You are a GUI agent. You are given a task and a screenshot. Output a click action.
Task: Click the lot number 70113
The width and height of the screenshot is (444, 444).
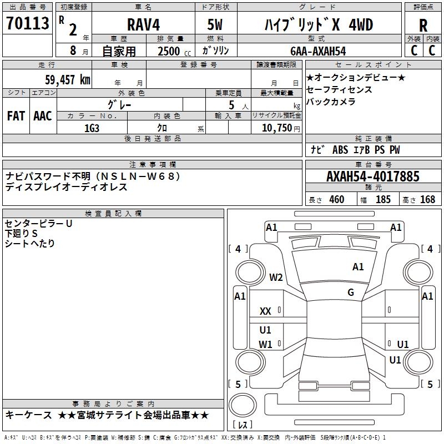tap(28, 23)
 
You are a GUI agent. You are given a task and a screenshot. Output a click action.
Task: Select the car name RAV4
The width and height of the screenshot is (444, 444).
tap(143, 24)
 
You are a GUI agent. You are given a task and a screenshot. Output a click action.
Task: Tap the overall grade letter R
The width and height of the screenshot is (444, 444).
tap(423, 26)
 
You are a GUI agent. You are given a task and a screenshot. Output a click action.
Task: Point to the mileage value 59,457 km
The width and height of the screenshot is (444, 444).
tap(68, 80)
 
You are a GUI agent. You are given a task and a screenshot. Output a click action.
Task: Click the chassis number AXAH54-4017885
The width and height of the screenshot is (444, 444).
tap(373, 176)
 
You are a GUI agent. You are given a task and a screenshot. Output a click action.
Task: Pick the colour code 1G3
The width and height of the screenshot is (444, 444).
tap(92, 128)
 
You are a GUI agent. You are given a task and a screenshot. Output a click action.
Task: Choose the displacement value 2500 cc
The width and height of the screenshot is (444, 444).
tap(174, 51)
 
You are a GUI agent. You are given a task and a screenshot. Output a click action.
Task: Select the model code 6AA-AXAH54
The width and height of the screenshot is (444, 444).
tap(318, 51)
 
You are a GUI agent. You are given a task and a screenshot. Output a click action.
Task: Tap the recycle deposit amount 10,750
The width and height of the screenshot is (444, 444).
tap(277, 128)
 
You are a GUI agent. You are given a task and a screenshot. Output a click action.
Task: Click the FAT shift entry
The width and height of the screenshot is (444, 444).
tap(16, 116)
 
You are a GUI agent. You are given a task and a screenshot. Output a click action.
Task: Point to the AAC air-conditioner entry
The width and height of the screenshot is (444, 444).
tap(43, 116)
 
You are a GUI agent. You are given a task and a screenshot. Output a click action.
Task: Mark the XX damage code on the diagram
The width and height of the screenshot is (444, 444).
tap(265, 311)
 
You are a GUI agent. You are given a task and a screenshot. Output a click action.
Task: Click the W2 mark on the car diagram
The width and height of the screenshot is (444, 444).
tap(276, 277)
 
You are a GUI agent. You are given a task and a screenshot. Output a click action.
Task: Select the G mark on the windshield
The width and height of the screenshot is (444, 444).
tap(351, 292)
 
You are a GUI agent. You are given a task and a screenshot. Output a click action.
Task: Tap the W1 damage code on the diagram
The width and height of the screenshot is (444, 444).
tap(265, 345)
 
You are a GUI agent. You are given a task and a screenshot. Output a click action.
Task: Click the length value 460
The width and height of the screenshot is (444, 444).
tap(337, 200)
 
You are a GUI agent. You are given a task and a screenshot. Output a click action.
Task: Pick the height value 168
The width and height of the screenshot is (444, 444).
tap(427, 200)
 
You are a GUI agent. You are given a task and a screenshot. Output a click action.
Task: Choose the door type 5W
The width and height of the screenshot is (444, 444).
tap(215, 24)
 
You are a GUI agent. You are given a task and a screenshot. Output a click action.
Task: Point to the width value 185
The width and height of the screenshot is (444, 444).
tap(383, 200)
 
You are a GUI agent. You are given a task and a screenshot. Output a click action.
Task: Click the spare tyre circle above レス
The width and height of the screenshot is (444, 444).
tap(243, 405)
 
